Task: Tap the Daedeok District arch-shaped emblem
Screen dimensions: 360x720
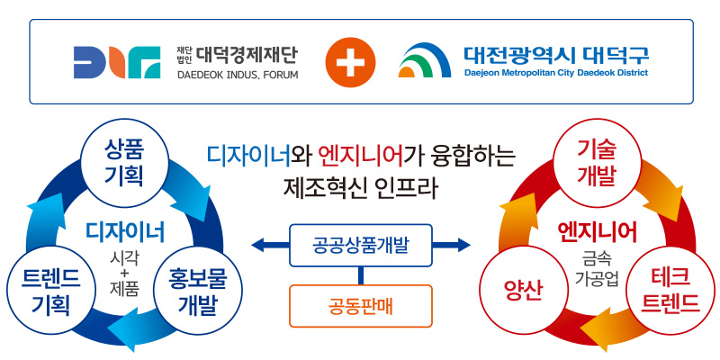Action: pyautogui.click(x=425, y=61)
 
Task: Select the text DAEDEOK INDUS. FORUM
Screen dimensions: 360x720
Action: pyautogui.click(x=238, y=73)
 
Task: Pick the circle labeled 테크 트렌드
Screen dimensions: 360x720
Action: pyautogui.click(x=670, y=290)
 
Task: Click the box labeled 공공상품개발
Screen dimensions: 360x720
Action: pyautogui.click(x=361, y=245)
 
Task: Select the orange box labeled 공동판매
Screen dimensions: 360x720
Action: pyautogui.click(x=361, y=305)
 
